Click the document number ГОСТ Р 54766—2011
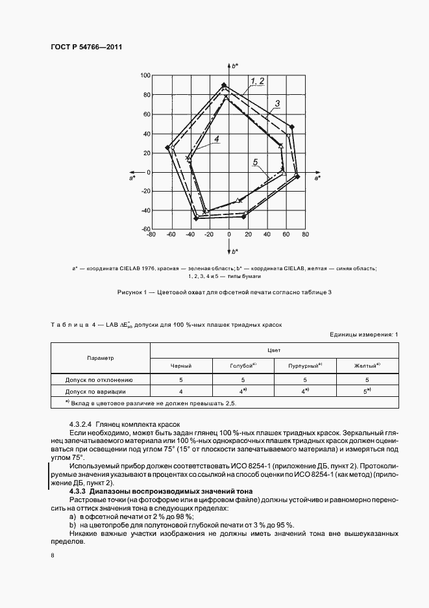click(x=87, y=47)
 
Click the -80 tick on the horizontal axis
click(x=151, y=235)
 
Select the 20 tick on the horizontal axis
click(x=248, y=235)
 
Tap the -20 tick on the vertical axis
click(x=145, y=192)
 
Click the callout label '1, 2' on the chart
click(x=258, y=81)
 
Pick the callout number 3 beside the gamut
click(x=276, y=103)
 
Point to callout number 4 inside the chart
click(x=216, y=139)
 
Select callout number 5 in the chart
click(x=256, y=162)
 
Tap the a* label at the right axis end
click(x=317, y=177)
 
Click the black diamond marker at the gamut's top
click(x=224, y=85)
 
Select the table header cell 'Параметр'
click(x=101, y=357)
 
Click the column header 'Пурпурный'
click(x=301, y=366)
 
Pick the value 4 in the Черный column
click(x=182, y=392)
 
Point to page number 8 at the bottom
click(x=52, y=555)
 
